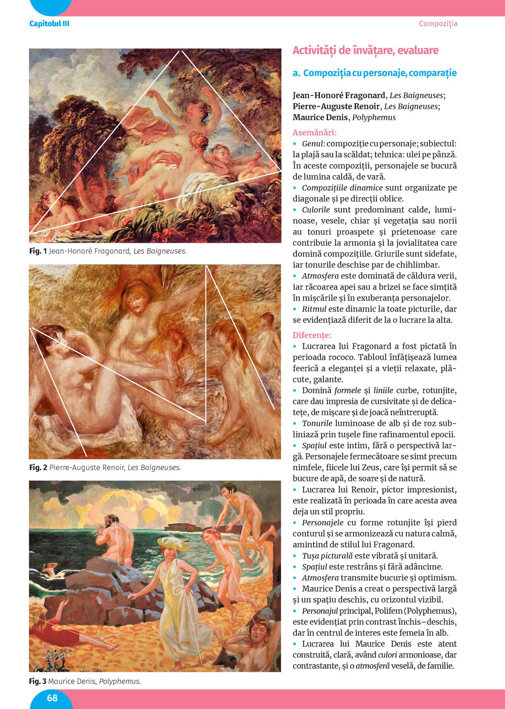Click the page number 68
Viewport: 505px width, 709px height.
52,698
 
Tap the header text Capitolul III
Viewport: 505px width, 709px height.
49,24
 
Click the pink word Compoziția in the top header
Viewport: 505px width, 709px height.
438,24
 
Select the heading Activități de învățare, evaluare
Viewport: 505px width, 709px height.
365,50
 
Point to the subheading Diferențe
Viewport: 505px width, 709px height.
312,335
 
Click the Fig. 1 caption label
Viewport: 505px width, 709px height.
38,251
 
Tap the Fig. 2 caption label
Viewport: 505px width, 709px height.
38,467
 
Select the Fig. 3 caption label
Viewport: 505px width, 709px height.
38,681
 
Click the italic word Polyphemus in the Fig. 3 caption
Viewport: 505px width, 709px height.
120,681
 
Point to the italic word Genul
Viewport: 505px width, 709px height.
313,144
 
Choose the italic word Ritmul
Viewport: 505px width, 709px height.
314,309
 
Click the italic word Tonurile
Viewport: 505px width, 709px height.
317,423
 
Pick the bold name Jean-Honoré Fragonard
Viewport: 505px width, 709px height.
339,96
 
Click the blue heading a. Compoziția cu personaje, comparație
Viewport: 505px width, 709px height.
375,73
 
